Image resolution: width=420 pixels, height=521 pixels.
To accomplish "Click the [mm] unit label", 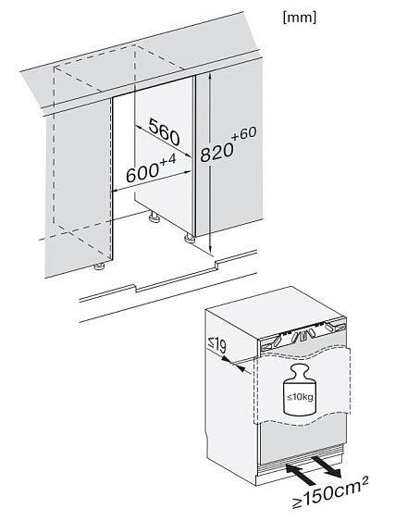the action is (x=300, y=18).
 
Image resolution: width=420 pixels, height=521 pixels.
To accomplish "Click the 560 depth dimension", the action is (x=164, y=132).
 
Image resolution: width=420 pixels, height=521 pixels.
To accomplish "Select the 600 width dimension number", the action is (x=142, y=174).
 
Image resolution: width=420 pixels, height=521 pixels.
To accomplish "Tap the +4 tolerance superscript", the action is (x=167, y=160).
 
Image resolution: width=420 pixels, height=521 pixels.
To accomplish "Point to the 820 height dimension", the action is (x=216, y=152).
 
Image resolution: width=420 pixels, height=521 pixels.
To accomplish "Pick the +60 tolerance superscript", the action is (x=244, y=133).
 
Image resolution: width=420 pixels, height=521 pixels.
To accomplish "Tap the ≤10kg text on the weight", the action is (x=300, y=397).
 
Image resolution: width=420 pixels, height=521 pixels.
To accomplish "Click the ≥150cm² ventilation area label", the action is (x=330, y=493).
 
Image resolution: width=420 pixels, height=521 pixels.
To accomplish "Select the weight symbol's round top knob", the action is (x=300, y=370).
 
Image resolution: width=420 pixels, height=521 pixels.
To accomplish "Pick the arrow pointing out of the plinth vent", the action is (x=327, y=466).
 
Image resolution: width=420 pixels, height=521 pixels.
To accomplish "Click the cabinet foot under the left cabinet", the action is (x=99, y=267).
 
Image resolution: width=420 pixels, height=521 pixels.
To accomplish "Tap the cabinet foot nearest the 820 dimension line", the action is (x=190, y=238).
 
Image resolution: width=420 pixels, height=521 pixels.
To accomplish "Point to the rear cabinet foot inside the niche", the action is (x=154, y=217).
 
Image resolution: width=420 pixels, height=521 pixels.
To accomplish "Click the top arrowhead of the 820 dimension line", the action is (x=210, y=78).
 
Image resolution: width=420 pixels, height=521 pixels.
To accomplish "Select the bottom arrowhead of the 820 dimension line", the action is (x=210, y=250).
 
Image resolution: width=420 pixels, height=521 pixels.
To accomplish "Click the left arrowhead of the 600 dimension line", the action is (x=116, y=191).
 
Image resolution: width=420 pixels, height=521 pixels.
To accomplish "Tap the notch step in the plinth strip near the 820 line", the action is (x=216, y=264).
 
